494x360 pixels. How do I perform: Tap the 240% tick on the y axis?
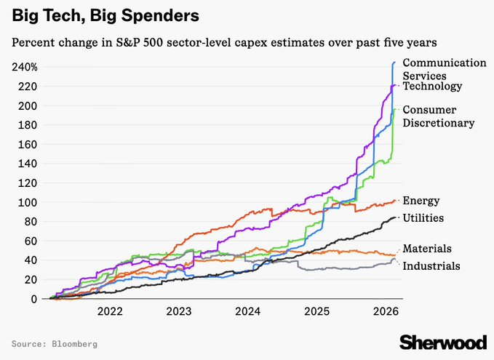click(x=25, y=67)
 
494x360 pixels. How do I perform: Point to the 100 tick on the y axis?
click(x=30, y=202)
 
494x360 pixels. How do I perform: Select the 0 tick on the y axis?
click(x=35, y=299)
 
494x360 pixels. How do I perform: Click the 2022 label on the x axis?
click(x=110, y=312)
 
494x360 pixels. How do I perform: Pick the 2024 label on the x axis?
click(x=247, y=312)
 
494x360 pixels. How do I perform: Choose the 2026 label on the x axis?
click(x=385, y=312)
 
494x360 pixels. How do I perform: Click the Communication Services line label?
click(x=444, y=68)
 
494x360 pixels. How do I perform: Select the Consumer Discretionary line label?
click(x=439, y=116)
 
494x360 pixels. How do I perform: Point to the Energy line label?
click(x=421, y=201)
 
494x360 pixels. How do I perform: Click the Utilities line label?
click(x=423, y=218)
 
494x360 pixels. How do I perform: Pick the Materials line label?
click(x=427, y=249)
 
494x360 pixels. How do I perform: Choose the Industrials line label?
click(x=431, y=266)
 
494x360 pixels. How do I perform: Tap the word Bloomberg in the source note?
click(x=72, y=343)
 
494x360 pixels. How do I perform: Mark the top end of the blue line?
click(x=394, y=63)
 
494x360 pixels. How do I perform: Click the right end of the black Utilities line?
click(x=396, y=217)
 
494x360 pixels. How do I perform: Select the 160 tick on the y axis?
click(x=30, y=144)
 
